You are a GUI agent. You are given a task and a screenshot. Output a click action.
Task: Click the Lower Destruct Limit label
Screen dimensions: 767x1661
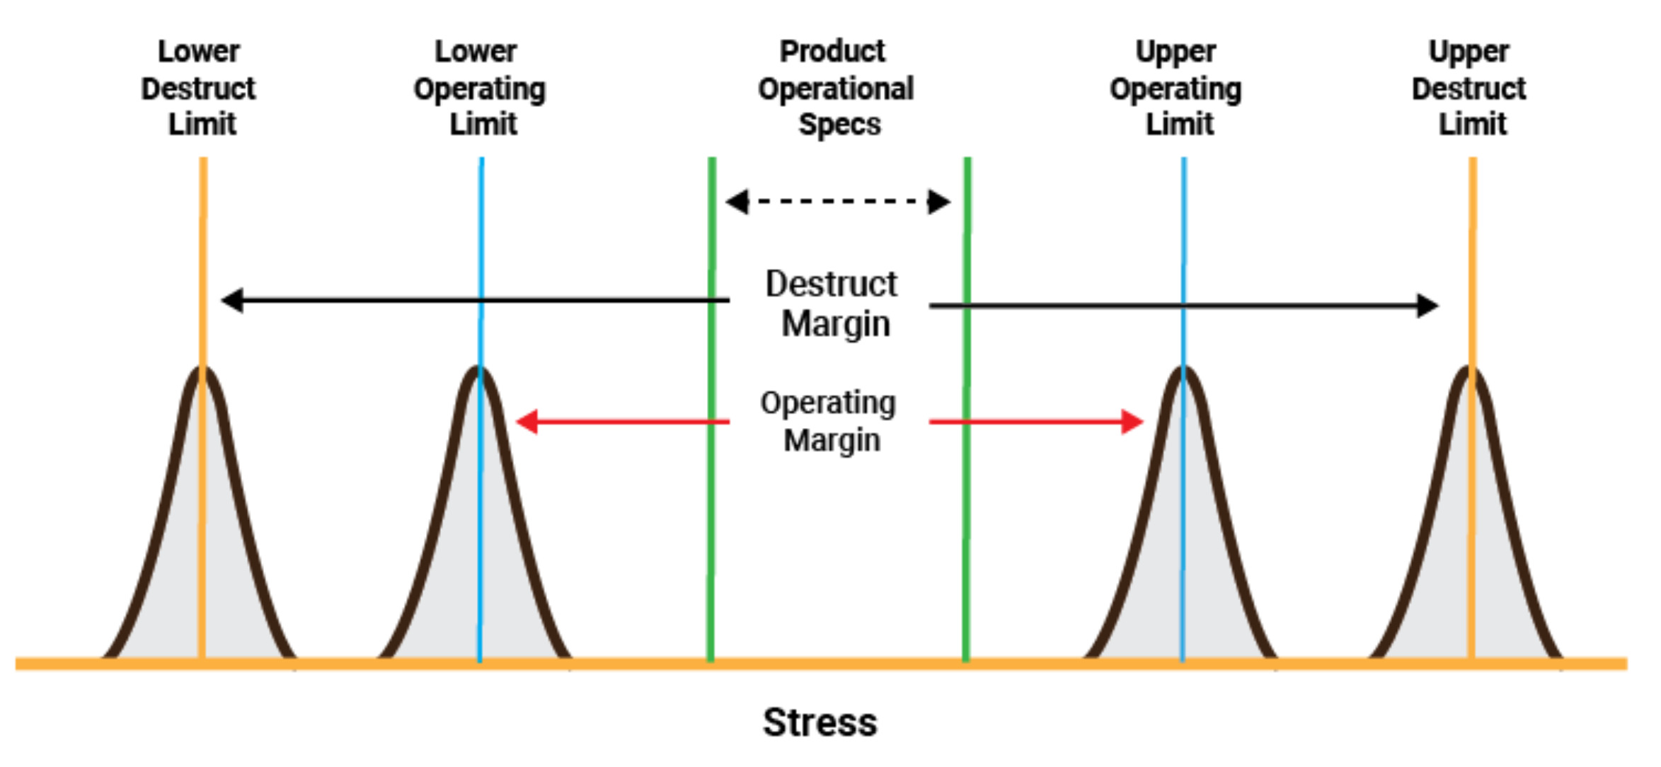(198, 88)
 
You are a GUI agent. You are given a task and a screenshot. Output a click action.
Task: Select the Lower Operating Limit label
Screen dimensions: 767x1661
(480, 88)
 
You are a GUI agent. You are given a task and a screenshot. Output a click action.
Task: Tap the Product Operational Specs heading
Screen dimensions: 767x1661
(836, 88)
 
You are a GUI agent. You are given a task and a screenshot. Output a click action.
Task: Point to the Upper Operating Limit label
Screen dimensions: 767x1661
(1176, 88)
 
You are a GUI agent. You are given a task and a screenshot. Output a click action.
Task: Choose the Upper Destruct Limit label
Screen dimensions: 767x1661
(1469, 88)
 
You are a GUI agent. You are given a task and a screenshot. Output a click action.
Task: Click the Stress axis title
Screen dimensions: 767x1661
(820, 722)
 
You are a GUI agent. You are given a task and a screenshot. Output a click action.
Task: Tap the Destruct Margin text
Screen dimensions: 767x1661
(832, 304)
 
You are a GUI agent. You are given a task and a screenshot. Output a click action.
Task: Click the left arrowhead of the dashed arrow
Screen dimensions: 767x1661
(737, 202)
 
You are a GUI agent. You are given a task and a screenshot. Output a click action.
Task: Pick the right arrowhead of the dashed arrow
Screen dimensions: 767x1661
(939, 202)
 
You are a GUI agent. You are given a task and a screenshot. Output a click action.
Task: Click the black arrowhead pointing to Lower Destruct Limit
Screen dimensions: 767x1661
(232, 300)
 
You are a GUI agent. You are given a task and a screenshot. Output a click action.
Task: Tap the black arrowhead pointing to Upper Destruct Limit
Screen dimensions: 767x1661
(1427, 306)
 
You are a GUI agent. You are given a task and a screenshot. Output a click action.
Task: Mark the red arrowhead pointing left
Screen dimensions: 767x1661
(527, 422)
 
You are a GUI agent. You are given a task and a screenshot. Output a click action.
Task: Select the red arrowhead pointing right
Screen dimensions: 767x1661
(1132, 422)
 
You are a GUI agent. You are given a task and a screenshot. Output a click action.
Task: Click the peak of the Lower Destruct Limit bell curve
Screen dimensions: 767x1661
(202, 369)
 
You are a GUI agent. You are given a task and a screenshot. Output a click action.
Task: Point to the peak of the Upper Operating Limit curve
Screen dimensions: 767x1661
(1183, 369)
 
